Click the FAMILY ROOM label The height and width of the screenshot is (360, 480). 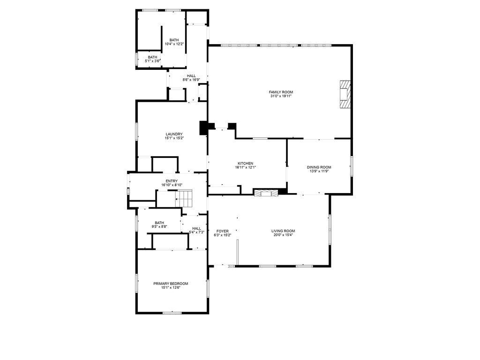(x=281, y=92)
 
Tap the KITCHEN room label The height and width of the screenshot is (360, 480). (x=246, y=164)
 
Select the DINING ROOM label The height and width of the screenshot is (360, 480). (x=319, y=167)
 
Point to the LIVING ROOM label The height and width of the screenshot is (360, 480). (x=283, y=231)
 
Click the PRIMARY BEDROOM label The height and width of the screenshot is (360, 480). (x=171, y=284)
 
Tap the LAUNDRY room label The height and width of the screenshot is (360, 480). (x=174, y=134)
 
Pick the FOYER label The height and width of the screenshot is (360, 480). (x=223, y=231)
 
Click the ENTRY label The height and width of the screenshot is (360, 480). (x=172, y=181)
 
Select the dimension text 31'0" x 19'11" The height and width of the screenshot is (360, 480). (x=281, y=96)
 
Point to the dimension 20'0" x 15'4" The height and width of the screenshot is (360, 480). (x=283, y=235)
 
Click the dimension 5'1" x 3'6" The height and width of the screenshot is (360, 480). (x=153, y=61)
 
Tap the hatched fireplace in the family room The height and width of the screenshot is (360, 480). (x=345, y=94)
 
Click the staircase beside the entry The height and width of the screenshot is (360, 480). (x=184, y=198)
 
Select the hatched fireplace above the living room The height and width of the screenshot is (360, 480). (x=266, y=192)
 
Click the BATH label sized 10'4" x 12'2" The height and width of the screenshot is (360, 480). (x=174, y=40)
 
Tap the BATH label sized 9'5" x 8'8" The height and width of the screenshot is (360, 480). (x=159, y=223)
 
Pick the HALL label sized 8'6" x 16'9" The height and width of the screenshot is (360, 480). (x=191, y=76)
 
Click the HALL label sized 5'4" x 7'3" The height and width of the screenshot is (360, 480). (x=196, y=228)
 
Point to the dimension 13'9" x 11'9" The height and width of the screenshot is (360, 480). (x=319, y=172)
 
